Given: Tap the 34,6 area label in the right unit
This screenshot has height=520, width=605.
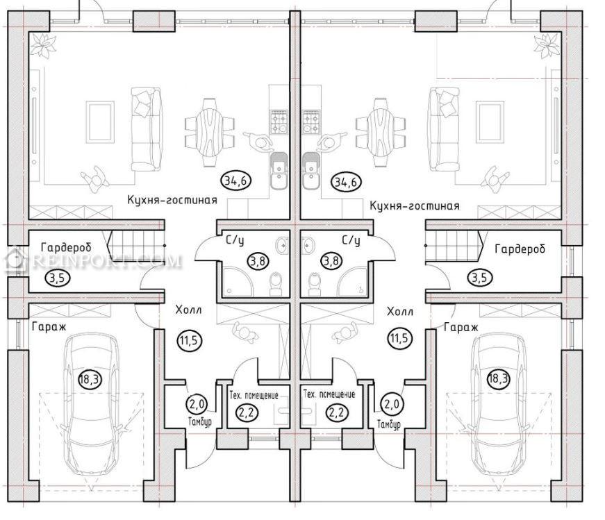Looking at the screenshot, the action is (x=346, y=182).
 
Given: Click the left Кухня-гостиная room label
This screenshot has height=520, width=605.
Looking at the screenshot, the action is (x=172, y=200).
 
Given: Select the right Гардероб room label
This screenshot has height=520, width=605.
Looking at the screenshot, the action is (x=520, y=249).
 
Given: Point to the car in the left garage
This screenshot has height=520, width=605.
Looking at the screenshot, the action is (x=92, y=404).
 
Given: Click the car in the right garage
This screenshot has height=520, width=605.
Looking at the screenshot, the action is (x=499, y=404).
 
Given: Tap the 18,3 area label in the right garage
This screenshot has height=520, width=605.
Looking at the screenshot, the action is (x=498, y=378).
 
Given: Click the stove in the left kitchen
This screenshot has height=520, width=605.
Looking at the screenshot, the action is (x=279, y=122).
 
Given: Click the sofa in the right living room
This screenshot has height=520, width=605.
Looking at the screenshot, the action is (x=445, y=129).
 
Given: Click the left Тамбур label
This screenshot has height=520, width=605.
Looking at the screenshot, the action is (x=199, y=421).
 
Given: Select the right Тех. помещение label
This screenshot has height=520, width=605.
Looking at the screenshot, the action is (x=329, y=394).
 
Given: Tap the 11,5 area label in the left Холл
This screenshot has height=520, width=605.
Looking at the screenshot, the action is (x=189, y=340).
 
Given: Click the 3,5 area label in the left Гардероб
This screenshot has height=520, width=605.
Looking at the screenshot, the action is (x=57, y=278).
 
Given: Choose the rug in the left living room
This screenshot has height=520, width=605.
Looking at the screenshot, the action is (x=100, y=122).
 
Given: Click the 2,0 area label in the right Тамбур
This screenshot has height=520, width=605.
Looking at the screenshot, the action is (x=392, y=404).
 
